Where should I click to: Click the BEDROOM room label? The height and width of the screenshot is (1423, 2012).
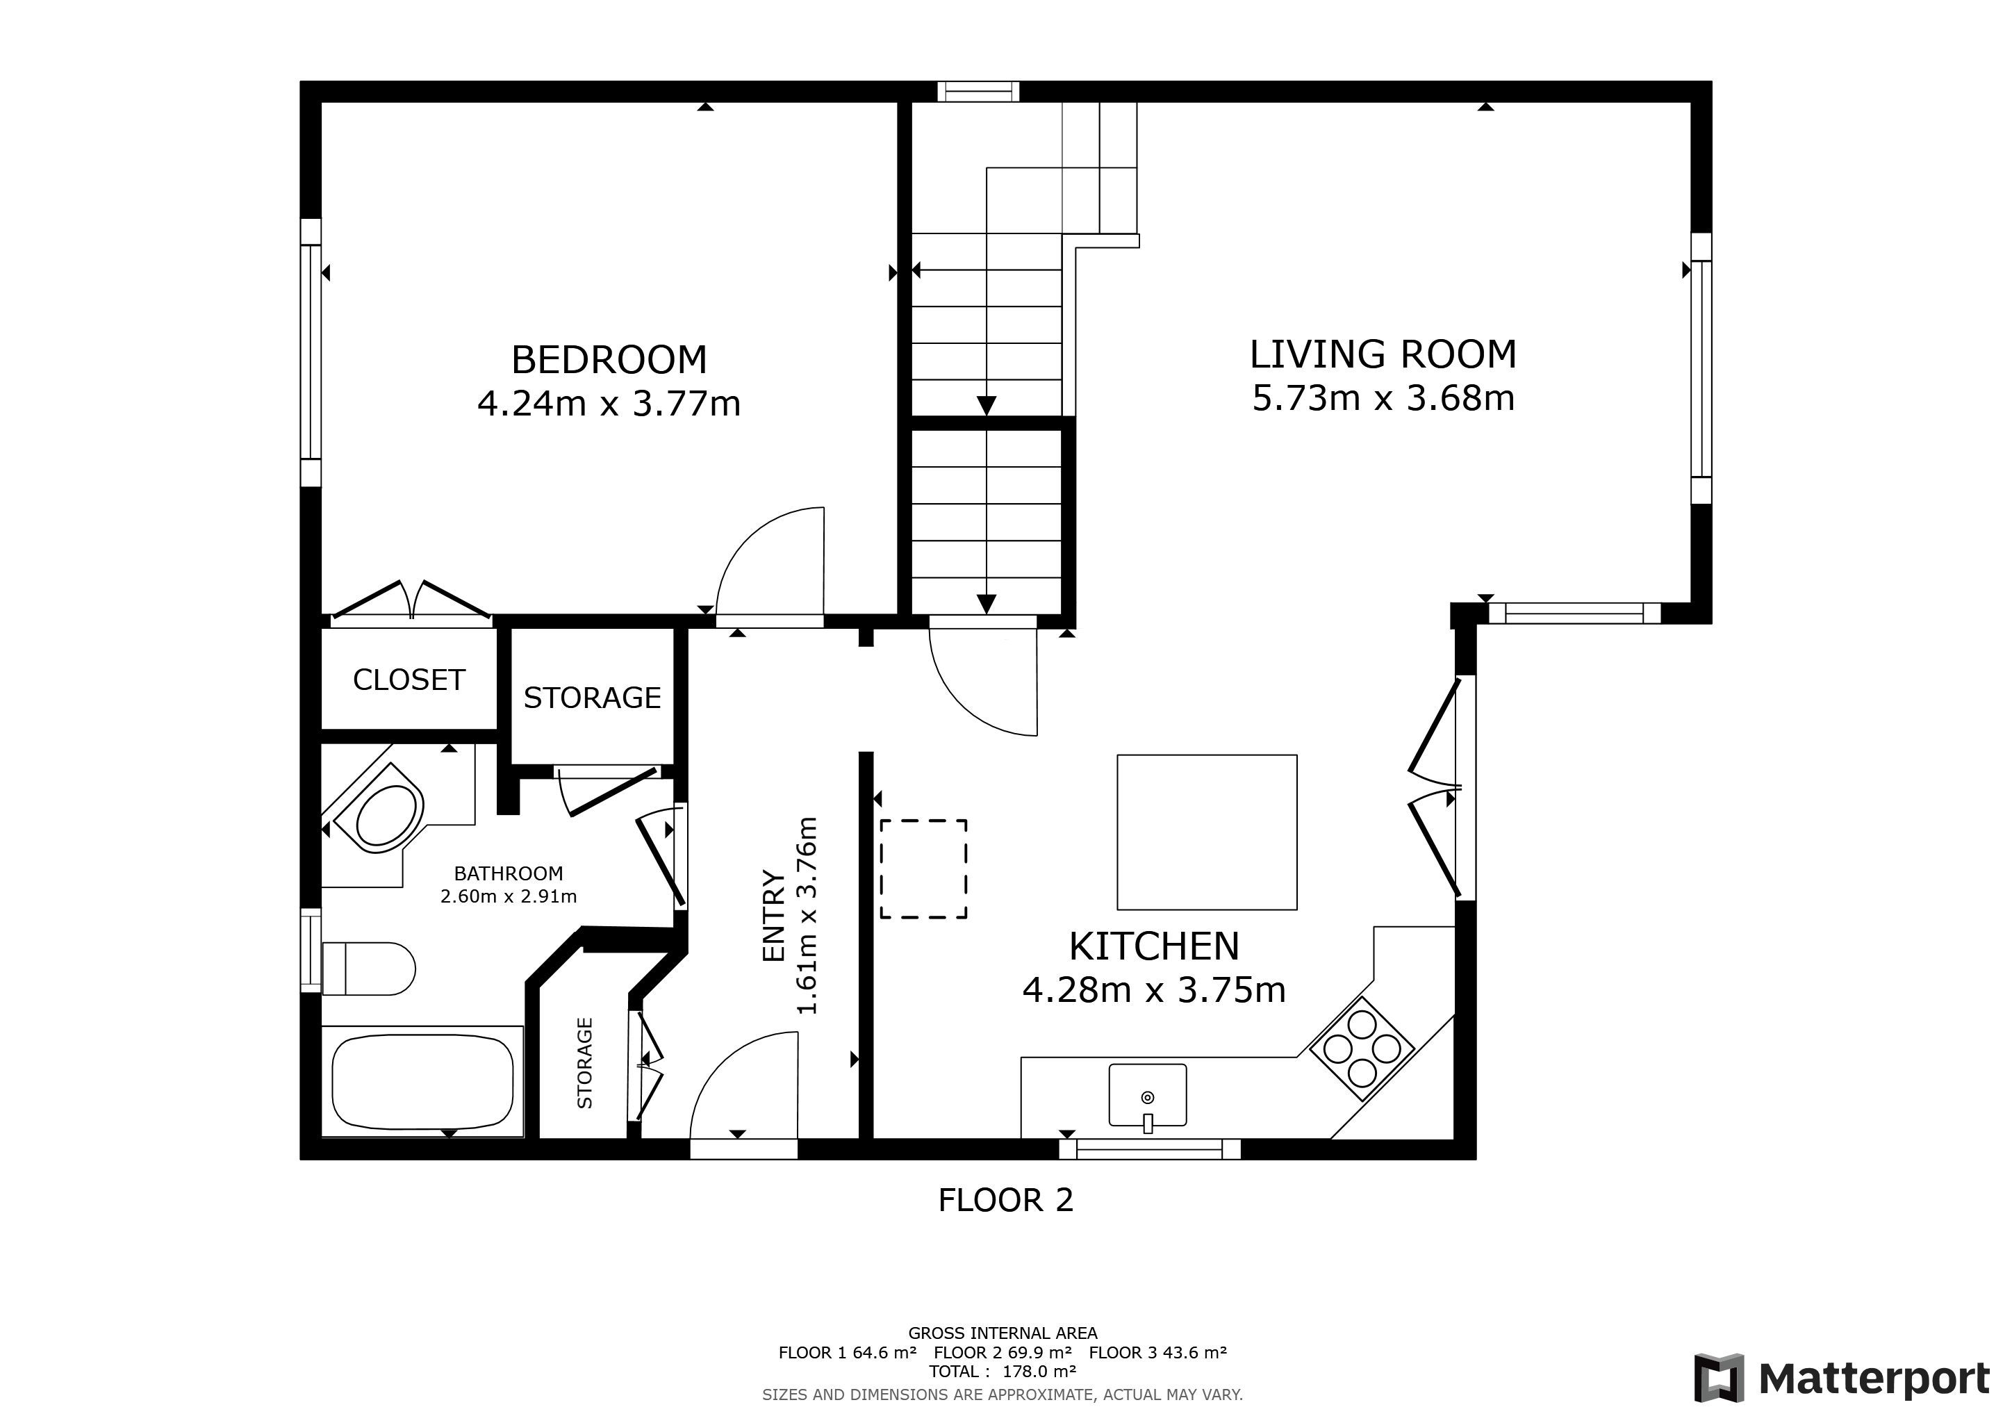(x=609, y=359)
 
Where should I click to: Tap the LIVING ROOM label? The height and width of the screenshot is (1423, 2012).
(x=1383, y=354)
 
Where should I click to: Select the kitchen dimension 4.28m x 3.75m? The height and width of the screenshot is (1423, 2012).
(x=1154, y=990)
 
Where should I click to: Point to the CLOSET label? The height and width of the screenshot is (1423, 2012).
(x=409, y=680)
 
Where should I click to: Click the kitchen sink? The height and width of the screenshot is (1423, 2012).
(x=1148, y=1095)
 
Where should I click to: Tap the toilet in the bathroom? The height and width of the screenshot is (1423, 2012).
(x=369, y=968)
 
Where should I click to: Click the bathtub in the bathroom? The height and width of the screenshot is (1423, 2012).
(x=423, y=1082)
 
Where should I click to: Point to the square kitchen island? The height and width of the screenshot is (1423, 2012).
(x=1207, y=832)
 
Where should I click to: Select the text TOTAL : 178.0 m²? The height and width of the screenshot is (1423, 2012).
(x=1003, y=1372)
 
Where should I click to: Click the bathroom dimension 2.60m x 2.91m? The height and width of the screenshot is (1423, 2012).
(x=509, y=896)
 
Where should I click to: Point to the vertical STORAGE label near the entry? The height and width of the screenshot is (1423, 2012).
(x=584, y=1063)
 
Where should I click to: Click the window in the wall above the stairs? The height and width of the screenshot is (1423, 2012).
(x=978, y=91)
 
